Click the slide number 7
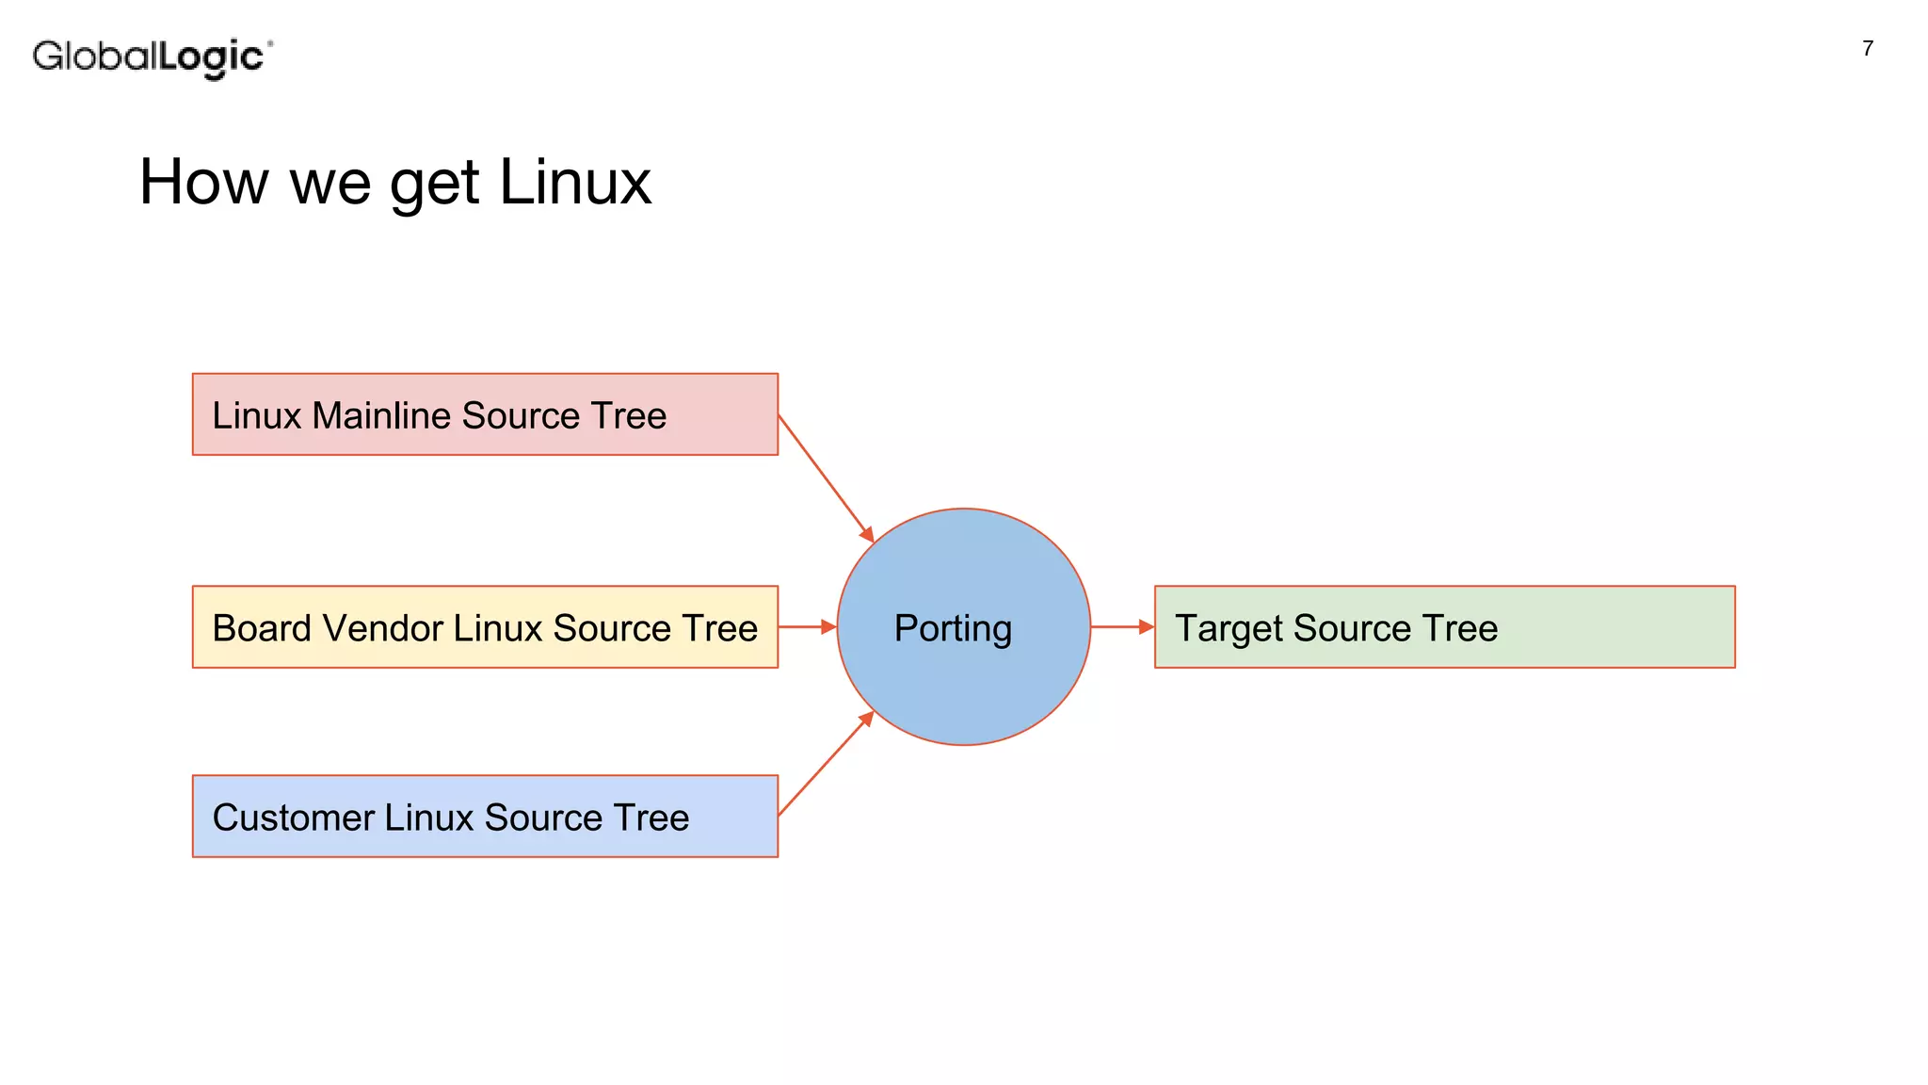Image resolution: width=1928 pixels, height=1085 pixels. pos(1867,49)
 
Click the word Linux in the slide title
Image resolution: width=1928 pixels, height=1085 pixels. pos(574,182)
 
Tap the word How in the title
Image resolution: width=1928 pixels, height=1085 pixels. pos(203,182)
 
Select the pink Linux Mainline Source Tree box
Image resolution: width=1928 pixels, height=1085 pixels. pos(485,414)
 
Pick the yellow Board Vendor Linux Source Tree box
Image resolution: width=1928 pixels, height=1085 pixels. pos(485,627)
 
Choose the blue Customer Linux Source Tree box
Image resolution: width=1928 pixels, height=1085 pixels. pos(485,817)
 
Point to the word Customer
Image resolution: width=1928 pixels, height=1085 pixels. pos(293,818)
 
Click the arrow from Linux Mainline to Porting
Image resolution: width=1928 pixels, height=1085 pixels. pos(826,478)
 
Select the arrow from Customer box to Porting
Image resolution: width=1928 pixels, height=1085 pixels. pos(826,764)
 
